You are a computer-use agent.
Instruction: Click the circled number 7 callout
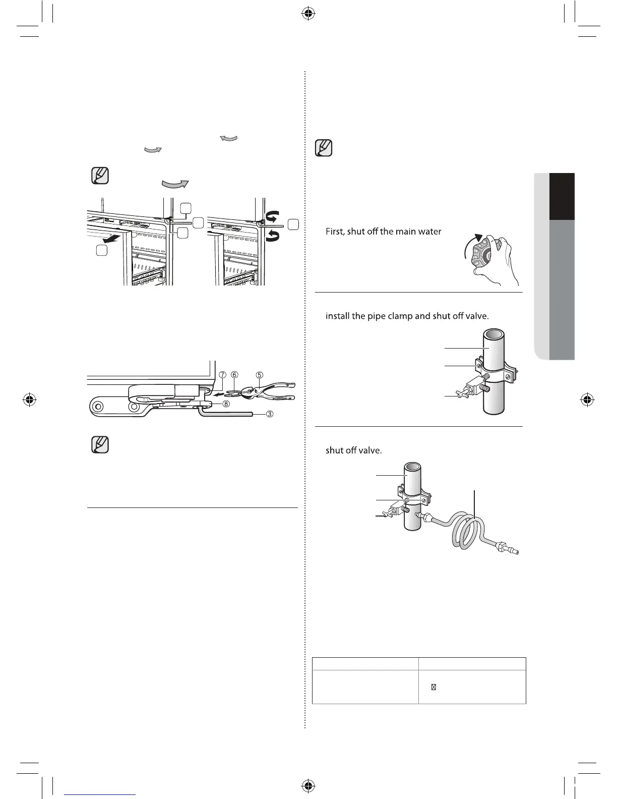tap(222, 375)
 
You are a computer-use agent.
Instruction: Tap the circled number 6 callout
tap(234, 375)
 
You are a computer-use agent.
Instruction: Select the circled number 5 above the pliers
tap(259, 375)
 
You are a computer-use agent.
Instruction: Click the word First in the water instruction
tap(335, 232)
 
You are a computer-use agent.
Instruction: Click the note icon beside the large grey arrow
tap(100, 176)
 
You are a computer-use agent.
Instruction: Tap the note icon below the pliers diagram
tap(100, 444)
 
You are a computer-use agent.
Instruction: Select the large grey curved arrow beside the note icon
tap(174, 184)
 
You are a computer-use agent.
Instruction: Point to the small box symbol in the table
tap(434, 687)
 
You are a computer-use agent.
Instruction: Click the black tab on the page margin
tap(562, 197)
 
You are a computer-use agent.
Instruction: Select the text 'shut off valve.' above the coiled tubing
tap(353, 450)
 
